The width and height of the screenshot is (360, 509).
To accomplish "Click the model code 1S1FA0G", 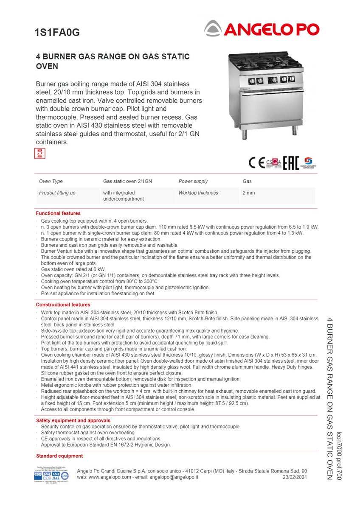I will (x=57, y=32).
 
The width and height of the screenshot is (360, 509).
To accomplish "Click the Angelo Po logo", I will (x=261, y=29).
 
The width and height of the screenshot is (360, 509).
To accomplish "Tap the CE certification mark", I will (x=256, y=163).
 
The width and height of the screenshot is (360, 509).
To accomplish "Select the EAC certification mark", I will (x=291, y=162).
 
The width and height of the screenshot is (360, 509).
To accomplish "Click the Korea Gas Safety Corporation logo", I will (x=308, y=162).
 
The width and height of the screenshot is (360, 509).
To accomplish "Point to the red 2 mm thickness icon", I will (x=39, y=154).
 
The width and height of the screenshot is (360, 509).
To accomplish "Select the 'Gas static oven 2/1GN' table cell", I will (x=127, y=181).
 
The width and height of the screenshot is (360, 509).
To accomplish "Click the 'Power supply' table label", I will (x=193, y=181).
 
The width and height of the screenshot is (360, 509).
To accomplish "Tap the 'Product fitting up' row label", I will (x=57, y=193).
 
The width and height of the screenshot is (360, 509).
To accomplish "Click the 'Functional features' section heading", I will (x=58, y=213).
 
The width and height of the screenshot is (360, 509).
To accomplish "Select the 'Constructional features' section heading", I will (x=63, y=305).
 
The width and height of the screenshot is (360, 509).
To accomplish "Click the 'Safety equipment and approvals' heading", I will (x=73, y=420).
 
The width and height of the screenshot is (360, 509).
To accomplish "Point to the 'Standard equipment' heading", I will (x=59, y=456).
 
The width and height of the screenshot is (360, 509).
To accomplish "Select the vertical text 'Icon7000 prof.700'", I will (x=339, y=456).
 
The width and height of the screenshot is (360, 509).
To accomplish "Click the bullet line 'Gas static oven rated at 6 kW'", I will (x=73, y=269).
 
